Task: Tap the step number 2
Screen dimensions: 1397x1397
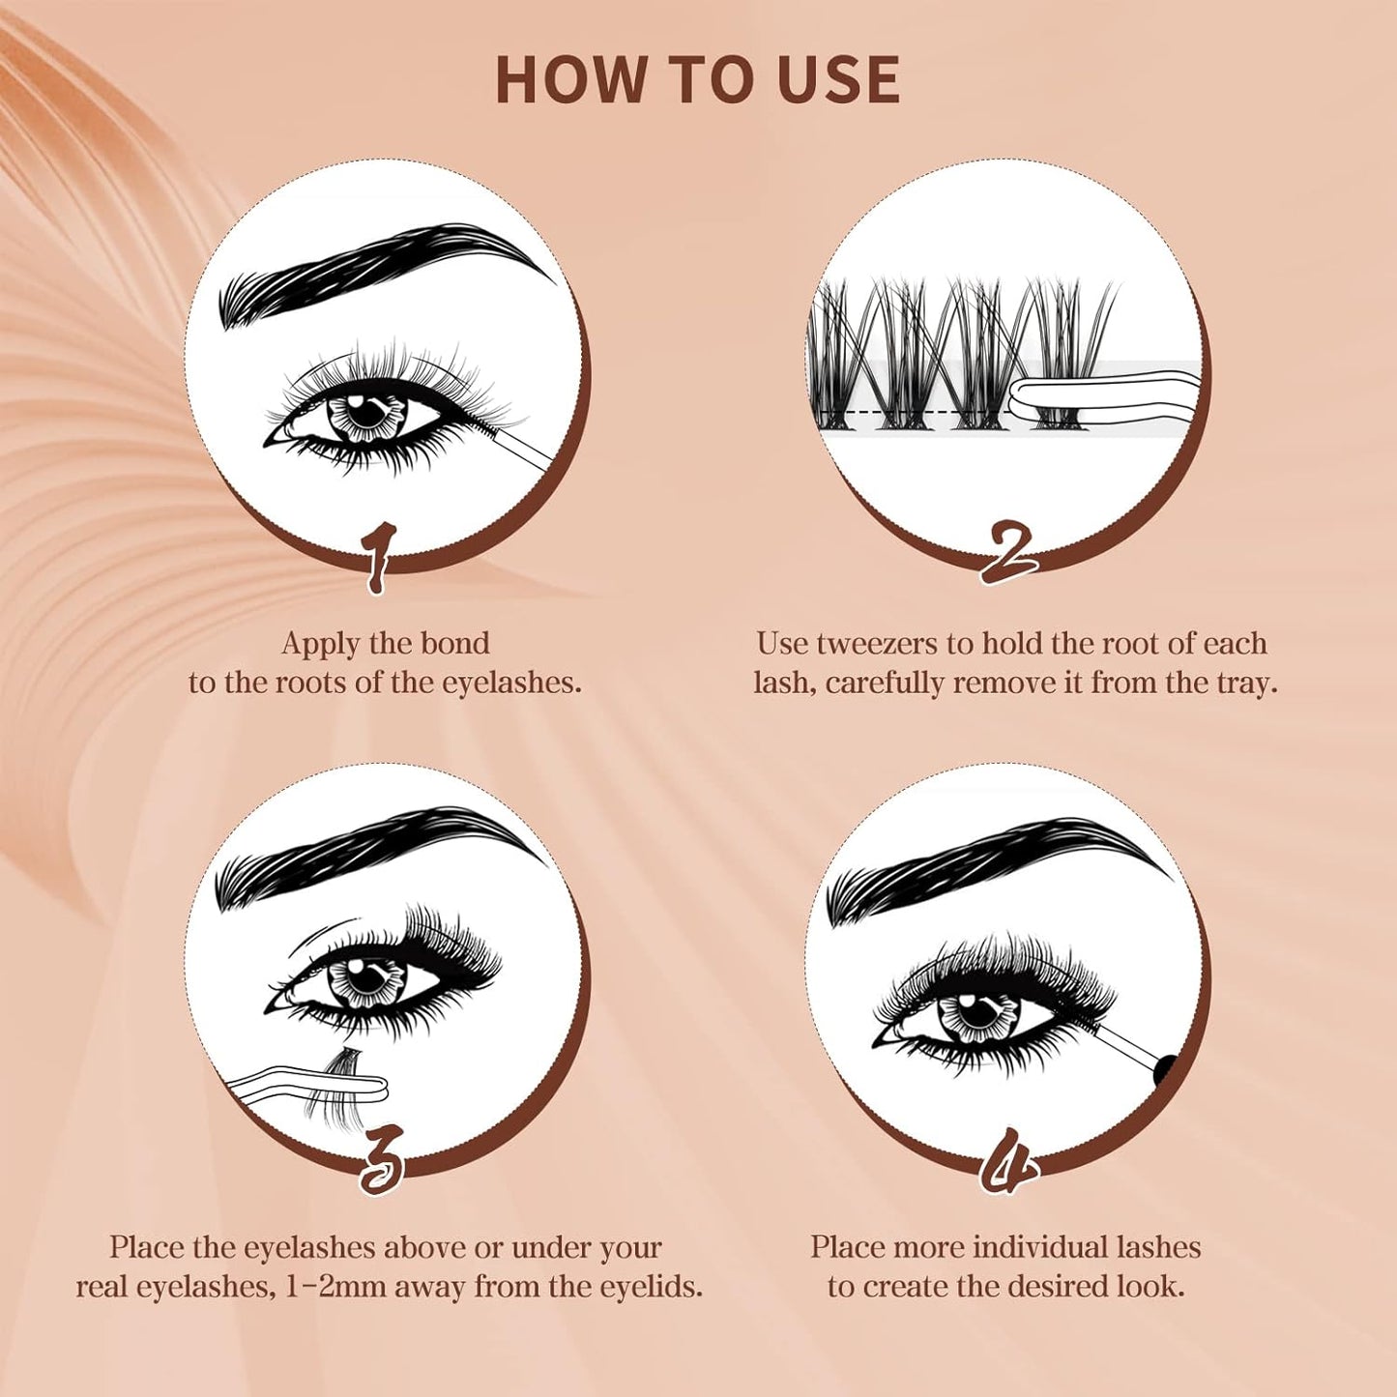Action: pos(1008,552)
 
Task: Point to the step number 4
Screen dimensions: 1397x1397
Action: pos(1008,1160)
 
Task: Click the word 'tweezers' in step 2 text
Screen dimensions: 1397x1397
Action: pos(878,643)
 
